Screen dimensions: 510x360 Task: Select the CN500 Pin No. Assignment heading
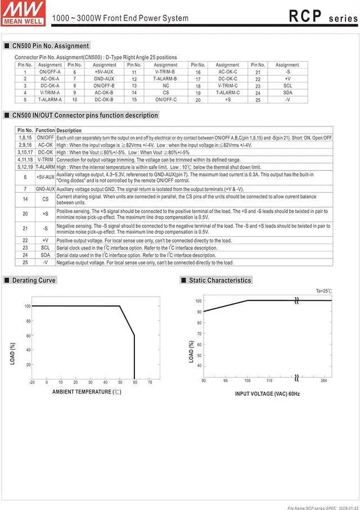pos(51,46)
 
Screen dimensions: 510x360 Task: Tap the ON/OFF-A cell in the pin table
pos(50,72)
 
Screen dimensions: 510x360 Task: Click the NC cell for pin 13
pos(165,85)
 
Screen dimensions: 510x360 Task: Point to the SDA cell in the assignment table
pos(287,93)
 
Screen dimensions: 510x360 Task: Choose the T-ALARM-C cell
pos(227,93)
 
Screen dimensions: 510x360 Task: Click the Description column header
pos(69,130)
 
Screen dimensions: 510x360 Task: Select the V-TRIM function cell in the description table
pos(46,160)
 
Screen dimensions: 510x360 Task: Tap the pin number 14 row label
pos(25,199)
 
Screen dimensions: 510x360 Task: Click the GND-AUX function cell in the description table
pos(46,189)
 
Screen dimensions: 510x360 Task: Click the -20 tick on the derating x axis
pos(32,382)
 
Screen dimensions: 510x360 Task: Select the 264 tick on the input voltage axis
pos(324,381)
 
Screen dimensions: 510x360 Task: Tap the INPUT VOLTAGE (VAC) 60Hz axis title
pos(267,394)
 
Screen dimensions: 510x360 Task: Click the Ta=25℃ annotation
pos(323,291)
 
